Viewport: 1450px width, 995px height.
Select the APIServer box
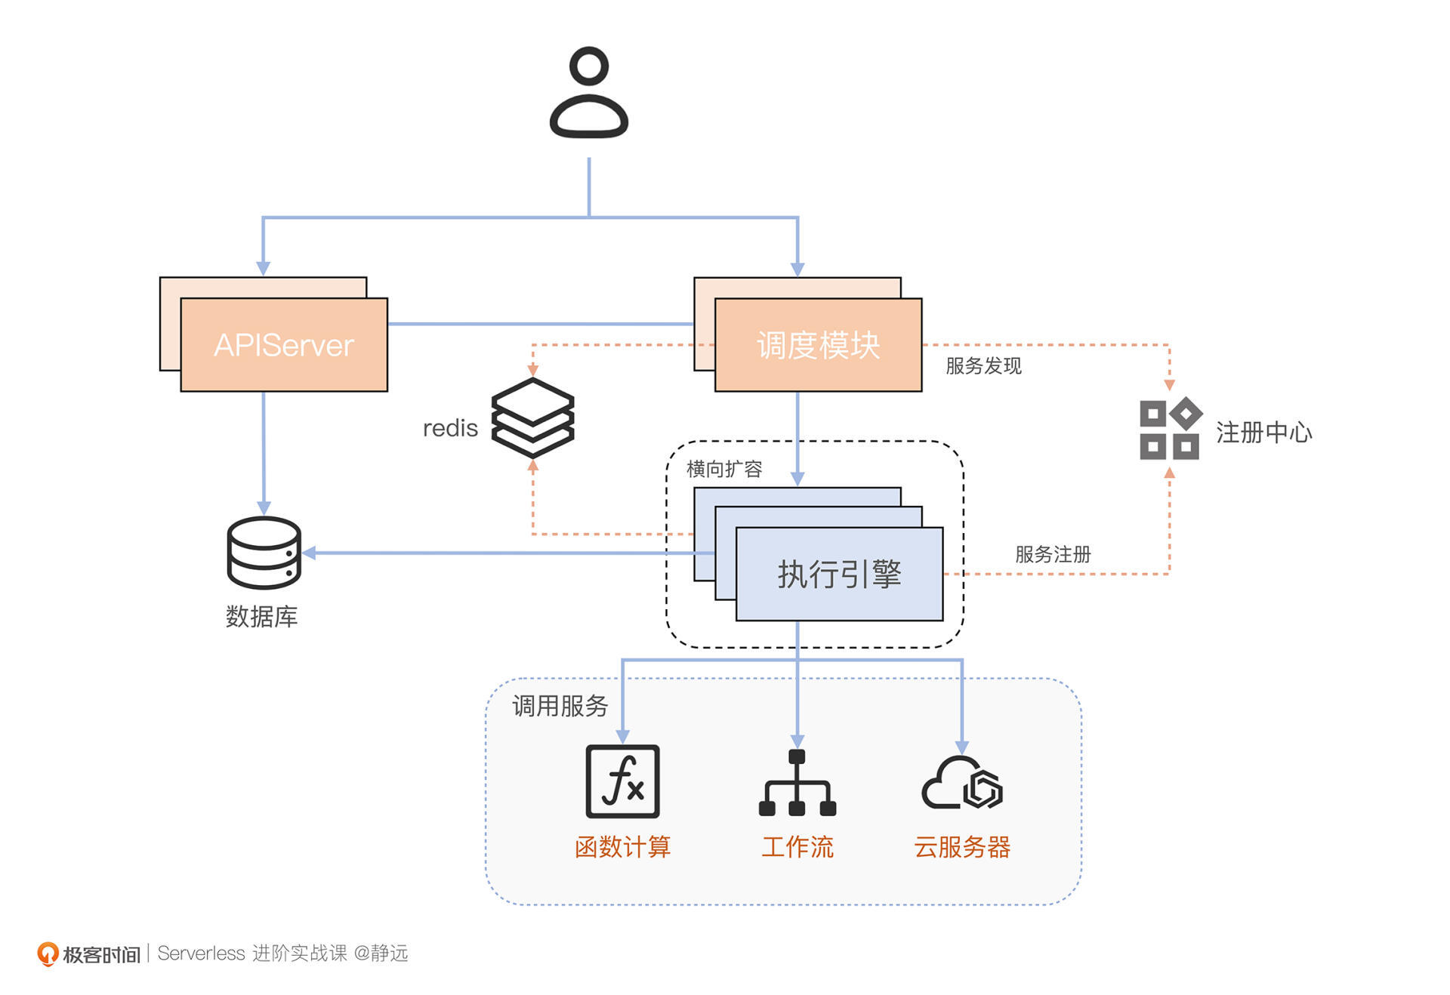point(284,345)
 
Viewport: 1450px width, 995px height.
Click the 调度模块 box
point(818,345)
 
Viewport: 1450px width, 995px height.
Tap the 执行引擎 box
point(839,574)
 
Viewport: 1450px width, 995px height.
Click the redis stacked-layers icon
point(532,417)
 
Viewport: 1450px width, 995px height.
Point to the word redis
point(450,428)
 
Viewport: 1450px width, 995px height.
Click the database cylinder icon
point(264,553)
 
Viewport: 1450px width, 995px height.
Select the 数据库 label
point(261,617)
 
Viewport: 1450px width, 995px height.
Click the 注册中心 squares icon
point(1169,428)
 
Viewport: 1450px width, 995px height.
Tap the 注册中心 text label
point(1263,433)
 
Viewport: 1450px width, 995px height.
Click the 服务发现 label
point(983,366)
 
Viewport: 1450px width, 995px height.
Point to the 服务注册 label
point(1053,554)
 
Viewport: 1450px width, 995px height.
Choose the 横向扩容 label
point(724,469)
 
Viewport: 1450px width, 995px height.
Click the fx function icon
point(622,781)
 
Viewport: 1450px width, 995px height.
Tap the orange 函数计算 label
point(622,847)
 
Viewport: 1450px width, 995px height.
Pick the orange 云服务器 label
point(962,847)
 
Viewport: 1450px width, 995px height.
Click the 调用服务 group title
point(560,706)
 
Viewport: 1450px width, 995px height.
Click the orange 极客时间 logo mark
point(48,953)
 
